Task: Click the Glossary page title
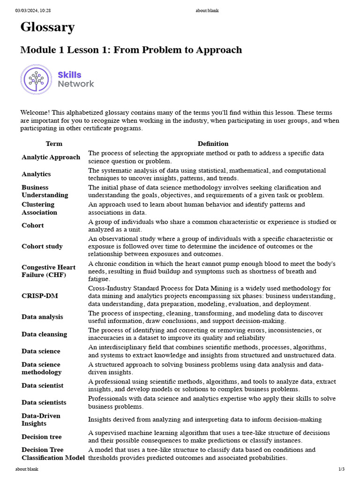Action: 47,28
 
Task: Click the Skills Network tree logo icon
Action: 36,79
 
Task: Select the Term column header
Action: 54,144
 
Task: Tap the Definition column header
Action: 213,144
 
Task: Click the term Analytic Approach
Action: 51,157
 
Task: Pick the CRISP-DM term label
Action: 40,296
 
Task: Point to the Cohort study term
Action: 42,246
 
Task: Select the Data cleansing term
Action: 44,334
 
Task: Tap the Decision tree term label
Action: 41,437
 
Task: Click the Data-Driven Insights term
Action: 41,420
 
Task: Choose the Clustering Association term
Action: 39,208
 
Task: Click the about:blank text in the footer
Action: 27,469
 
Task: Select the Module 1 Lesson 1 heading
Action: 131,50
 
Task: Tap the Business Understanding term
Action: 45,191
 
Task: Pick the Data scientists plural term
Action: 44,403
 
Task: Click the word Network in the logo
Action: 76,84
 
